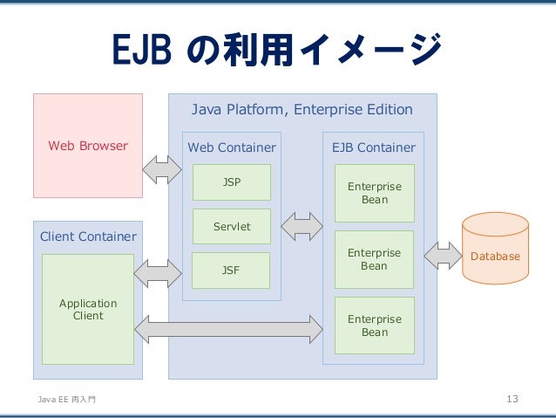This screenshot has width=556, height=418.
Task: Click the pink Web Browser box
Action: [88, 146]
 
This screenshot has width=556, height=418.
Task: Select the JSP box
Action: [232, 182]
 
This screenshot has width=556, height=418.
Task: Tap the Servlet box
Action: [232, 226]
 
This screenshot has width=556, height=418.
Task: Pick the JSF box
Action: [231, 271]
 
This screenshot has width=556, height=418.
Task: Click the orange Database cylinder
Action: [495, 248]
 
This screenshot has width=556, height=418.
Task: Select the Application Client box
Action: [88, 309]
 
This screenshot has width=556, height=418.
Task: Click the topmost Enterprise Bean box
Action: [375, 193]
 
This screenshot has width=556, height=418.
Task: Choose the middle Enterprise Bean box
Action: [374, 259]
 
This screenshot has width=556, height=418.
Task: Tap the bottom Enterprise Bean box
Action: [375, 325]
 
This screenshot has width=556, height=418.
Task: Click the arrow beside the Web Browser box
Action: [162, 170]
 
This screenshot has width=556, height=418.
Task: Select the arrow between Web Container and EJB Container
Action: [302, 227]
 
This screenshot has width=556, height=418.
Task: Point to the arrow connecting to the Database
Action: [443, 256]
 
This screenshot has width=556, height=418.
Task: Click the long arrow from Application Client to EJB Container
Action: [228, 329]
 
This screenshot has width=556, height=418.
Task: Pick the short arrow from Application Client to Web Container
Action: [158, 273]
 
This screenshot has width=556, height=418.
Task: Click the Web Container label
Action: [232, 147]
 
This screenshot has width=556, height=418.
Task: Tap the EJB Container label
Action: [374, 147]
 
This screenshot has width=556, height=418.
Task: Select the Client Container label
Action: [88, 236]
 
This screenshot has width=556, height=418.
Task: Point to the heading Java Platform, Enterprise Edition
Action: [302, 109]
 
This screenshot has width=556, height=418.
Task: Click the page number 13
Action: [512, 399]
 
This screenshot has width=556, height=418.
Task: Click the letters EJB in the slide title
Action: [142, 50]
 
